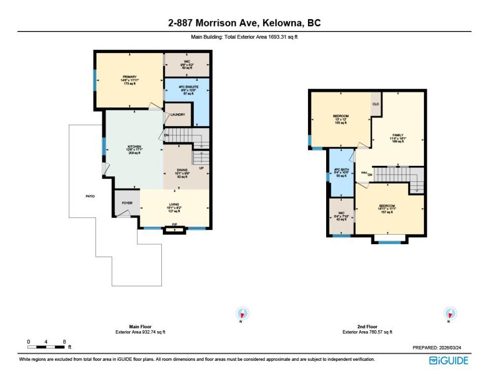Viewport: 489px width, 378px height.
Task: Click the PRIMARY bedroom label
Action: (129, 77)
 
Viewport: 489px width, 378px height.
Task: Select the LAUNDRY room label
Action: (178, 115)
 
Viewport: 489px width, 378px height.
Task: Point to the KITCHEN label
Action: (134, 147)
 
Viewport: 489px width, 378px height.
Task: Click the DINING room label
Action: (182, 170)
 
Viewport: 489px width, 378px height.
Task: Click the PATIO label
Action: (90, 196)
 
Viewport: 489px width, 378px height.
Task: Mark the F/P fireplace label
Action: (174, 225)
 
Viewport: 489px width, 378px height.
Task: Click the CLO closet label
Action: (375, 104)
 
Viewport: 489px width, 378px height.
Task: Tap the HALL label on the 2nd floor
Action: (365, 172)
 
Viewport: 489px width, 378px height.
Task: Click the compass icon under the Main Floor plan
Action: (243, 314)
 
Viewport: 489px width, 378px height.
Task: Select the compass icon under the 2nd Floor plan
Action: (449, 314)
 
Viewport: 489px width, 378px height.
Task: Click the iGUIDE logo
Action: (449, 360)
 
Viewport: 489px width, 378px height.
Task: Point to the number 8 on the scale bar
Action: (64, 341)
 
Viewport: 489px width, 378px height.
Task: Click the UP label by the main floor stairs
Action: (201, 167)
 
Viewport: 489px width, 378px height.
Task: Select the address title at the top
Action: (244, 23)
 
